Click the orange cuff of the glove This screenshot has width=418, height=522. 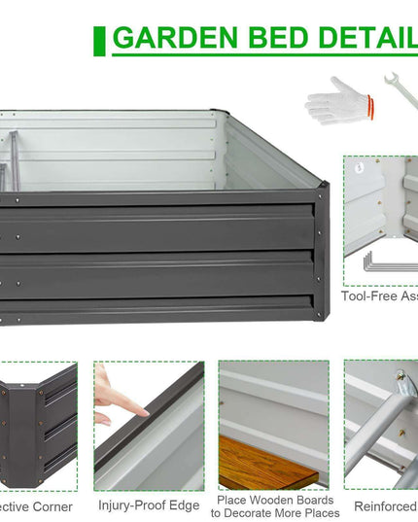366,101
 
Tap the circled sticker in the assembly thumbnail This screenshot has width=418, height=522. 359,167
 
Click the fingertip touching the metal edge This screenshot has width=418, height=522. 142,412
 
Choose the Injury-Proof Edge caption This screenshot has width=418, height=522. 149,505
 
